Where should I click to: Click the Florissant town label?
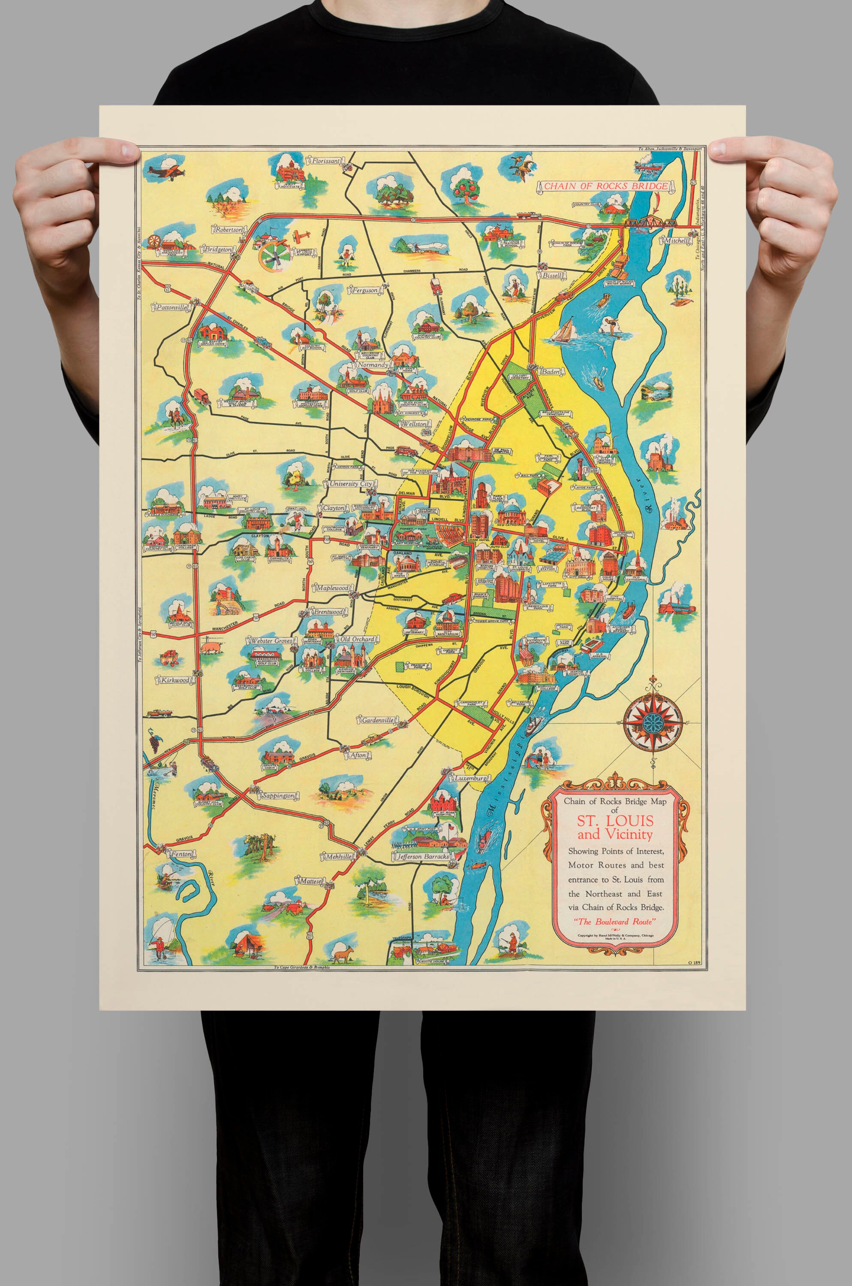click(325, 161)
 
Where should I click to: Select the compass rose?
click(653, 721)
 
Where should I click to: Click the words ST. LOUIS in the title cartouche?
click(615, 820)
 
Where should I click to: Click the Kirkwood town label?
click(175, 680)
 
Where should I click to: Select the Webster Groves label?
click(271, 641)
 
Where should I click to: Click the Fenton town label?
click(181, 854)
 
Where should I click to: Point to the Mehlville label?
click(338, 856)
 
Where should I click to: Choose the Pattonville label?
click(171, 307)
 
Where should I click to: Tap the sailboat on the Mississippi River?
click(565, 330)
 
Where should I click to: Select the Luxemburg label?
click(470, 778)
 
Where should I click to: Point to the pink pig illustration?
click(212, 647)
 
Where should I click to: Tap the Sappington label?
click(278, 796)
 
